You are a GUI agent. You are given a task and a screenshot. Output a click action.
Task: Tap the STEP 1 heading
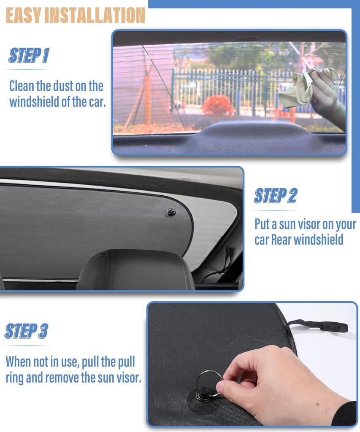(29, 55)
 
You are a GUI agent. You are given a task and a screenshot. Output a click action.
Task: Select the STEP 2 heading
(275, 195)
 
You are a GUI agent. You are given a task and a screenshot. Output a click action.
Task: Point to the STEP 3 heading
(26, 331)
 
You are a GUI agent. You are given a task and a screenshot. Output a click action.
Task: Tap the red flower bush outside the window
(218, 105)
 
